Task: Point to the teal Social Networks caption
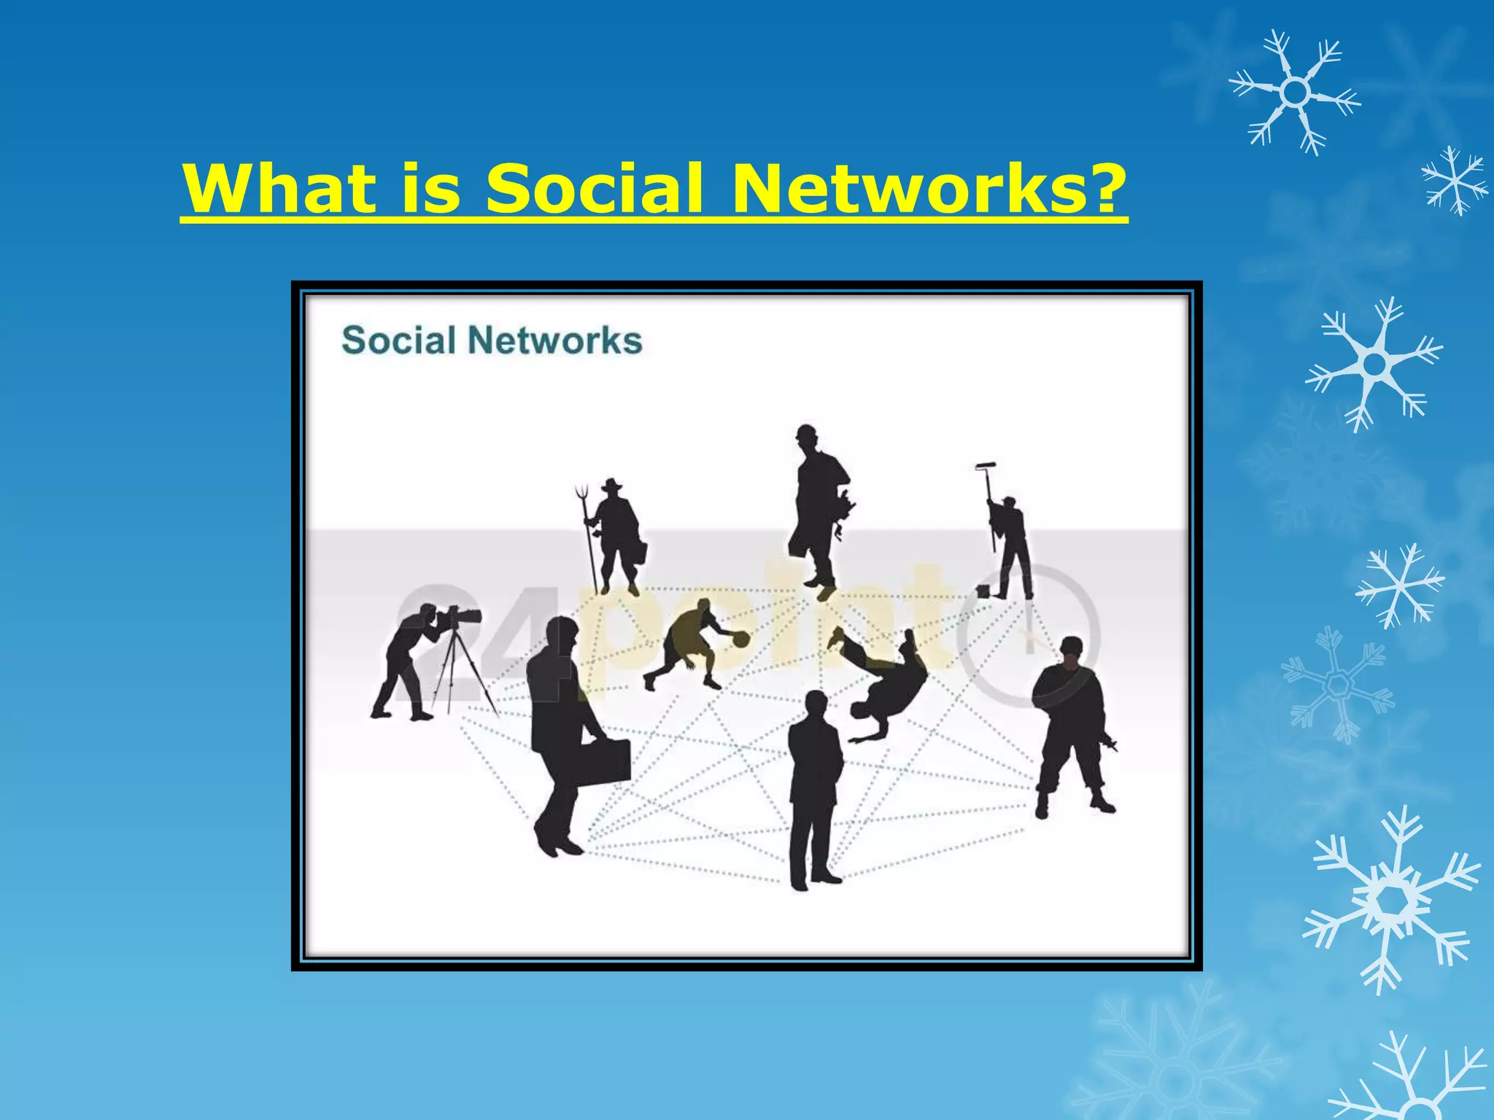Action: tap(492, 341)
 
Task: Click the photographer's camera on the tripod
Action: tap(460, 617)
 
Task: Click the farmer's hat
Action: tap(611, 485)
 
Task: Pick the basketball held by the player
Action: tap(740, 639)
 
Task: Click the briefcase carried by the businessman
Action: tap(603, 763)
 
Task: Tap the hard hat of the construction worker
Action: tap(805, 432)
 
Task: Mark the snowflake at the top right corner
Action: tap(1295, 92)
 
